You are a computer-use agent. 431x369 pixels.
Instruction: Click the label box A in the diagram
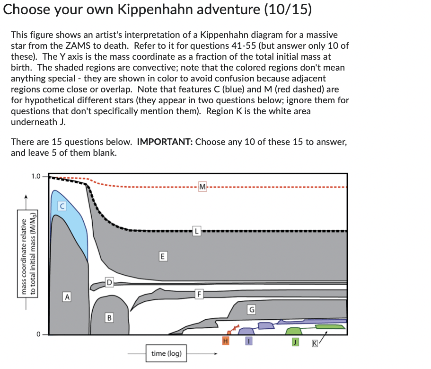(x=68, y=297)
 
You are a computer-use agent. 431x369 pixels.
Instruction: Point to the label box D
(x=109, y=283)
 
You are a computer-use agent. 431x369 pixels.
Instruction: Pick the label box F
(x=200, y=294)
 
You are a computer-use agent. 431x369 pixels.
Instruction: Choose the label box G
(x=252, y=310)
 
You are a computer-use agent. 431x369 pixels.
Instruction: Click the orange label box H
(x=226, y=341)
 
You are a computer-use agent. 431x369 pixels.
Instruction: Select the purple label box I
(x=249, y=341)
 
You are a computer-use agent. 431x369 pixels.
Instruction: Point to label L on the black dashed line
(x=196, y=232)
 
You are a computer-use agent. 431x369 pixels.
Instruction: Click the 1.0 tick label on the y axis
(x=36, y=177)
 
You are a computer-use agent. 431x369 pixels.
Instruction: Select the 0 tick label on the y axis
(x=39, y=334)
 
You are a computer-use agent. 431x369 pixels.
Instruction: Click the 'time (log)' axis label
(x=166, y=353)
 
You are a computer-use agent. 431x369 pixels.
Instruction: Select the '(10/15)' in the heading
(x=289, y=10)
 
